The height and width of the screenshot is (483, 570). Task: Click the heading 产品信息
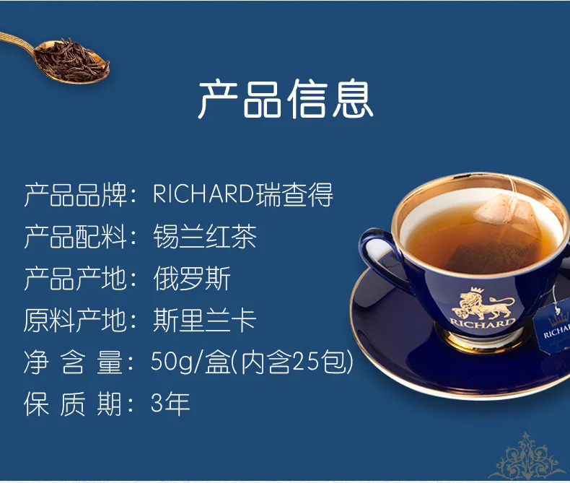point(285,100)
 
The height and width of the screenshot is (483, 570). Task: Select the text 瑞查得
point(295,195)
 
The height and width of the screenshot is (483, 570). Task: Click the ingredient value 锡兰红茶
point(205,237)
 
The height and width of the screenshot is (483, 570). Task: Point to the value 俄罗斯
point(192,279)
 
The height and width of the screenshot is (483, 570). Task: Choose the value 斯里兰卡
point(205,321)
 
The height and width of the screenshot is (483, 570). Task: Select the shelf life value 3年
point(170,404)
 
